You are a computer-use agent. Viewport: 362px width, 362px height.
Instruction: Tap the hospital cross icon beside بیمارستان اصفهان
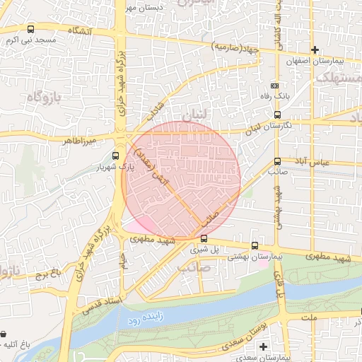(315, 49)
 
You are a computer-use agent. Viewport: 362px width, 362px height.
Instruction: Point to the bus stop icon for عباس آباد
(277, 161)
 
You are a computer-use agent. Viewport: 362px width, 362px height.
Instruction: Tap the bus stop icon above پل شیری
(204, 239)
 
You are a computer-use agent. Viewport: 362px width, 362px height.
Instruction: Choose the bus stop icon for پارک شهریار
(116, 156)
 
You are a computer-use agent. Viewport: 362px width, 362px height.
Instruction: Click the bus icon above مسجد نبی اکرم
(30, 30)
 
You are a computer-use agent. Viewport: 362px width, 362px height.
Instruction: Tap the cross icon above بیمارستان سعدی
(263, 347)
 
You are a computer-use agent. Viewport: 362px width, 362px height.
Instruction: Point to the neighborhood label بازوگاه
(46, 95)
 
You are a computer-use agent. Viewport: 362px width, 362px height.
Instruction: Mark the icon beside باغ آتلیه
(6, 334)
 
